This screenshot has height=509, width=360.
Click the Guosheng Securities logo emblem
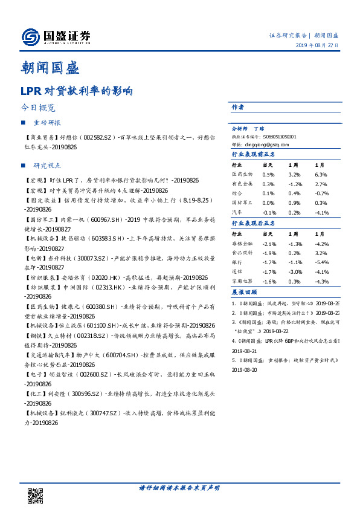pyautogui.click(x=30, y=37)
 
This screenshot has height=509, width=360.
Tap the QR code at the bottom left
pyautogui.click(x=36, y=494)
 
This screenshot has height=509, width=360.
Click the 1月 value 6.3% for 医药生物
pyautogui.click(x=321, y=174)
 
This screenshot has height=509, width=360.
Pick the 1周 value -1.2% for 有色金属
pyautogui.click(x=295, y=184)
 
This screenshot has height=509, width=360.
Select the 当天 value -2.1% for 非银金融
pyautogui.click(x=269, y=244)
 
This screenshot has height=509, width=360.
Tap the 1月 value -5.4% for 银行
pyautogui.click(x=321, y=263)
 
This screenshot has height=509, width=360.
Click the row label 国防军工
pyautogui.click(x=243, y=203)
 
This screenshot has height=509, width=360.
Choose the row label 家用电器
pyautogui.click(x=243, y=282)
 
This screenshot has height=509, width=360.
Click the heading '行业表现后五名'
pyautogui.click(x=254, y=223)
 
